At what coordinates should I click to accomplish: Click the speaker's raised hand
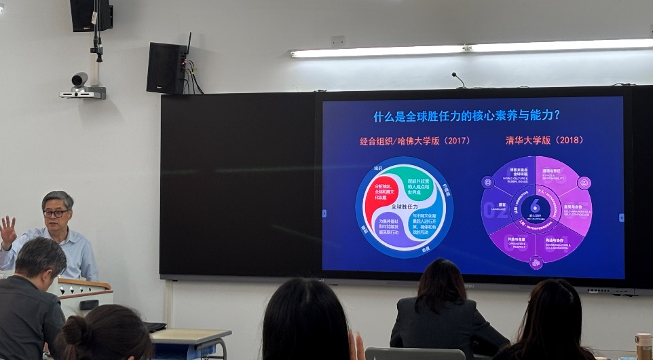click(7, 231)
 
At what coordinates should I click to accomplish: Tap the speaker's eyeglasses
click(56, 213)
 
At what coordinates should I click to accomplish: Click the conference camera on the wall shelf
click(81, 82)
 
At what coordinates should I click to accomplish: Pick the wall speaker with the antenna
click(166, 67)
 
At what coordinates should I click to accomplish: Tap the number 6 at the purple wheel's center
click(536, 204)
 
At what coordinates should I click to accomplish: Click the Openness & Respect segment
click(516, 242)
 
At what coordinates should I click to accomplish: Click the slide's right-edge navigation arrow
click(621, 218)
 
